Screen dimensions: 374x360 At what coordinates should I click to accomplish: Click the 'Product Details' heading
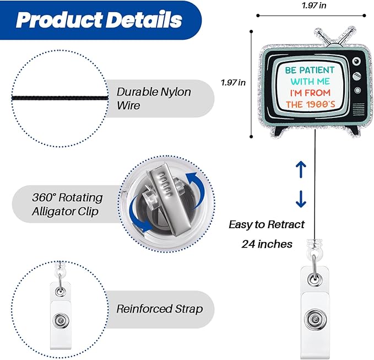coord(99,20)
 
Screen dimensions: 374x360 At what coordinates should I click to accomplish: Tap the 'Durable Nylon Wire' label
coord(154,98)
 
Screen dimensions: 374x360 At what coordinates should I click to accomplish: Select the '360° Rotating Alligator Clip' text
coord(68,205)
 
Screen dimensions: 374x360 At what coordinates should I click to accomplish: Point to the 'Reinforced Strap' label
coord(160,309)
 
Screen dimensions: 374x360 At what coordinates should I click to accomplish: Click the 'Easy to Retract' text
coord(267,224)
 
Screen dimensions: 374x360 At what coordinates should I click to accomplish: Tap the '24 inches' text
coord(267,244)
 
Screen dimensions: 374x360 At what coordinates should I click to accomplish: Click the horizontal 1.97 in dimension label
coord(314,6)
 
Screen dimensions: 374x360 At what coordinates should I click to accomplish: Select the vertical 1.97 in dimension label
coord(234,83)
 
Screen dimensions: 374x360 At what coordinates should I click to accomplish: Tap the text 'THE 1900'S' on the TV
coord(311,104)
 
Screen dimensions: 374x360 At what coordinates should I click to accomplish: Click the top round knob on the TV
coord(356,61)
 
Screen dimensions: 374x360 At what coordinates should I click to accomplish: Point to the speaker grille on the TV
coord(359,109)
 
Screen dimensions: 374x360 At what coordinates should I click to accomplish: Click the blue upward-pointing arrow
coord(301,169)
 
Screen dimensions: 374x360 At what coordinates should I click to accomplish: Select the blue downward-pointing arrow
coord(301,199)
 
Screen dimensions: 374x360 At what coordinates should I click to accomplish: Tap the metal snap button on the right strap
coord(315,320)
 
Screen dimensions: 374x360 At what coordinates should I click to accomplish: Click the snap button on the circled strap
coord(61,320)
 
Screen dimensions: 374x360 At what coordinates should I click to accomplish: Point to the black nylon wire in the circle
coord(59,98)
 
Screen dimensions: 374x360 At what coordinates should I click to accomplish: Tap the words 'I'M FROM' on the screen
coord(310,93)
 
